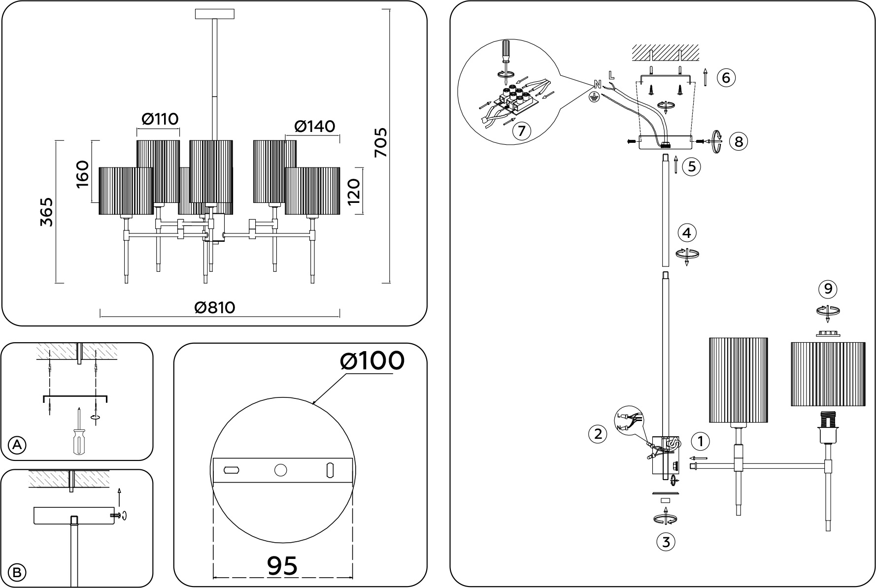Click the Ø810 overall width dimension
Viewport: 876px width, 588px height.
coord(215,308)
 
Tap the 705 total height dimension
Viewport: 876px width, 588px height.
coord(380,143)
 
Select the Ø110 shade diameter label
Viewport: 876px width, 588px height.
coord(160,119)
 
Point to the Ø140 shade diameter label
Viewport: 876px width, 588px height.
coord(314,127)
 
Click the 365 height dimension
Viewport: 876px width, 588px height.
coord(46,212)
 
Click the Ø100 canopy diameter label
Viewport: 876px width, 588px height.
coord(372,361)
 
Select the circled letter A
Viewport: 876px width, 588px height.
coord(17,445)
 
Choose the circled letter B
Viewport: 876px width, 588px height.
coord(17,573)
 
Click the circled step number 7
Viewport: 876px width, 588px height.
coord(521,131)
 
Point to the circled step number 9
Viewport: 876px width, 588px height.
coord(828,289)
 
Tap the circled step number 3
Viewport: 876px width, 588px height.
coord(666,542)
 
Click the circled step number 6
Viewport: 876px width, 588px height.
coord(726,78)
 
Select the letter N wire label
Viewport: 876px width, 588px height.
coord(597,84)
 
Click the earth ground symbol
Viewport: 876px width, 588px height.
coord(594,97)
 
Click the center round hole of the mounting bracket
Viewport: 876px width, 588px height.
coord(280,470)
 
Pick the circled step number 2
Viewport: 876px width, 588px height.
coord(598,434)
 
